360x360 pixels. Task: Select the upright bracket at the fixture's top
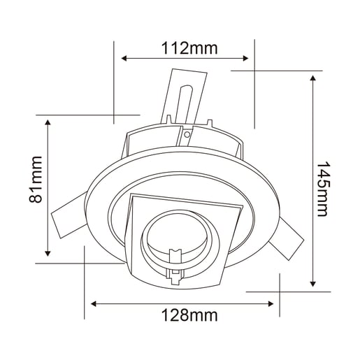pos(185,98)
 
